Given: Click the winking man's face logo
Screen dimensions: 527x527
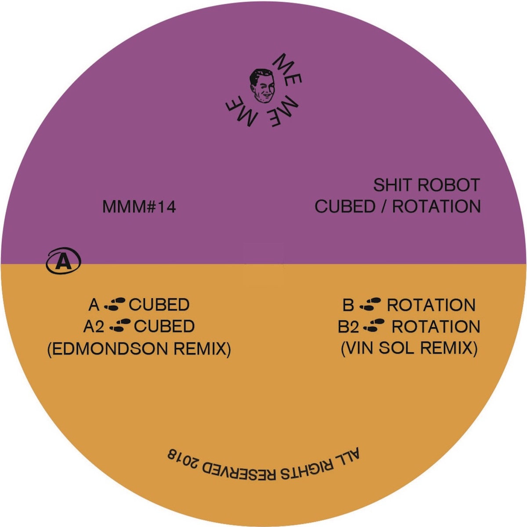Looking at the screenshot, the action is (x=262, y=86).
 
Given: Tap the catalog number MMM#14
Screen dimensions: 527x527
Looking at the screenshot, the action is (x=139, y=207).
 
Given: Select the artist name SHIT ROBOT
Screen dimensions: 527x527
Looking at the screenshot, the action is (x=426, y=185).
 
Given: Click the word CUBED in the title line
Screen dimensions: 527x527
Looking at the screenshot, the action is (x=345, y=206).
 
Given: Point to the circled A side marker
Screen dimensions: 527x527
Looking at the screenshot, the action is (x=63, y=261).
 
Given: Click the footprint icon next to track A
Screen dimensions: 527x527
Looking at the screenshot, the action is (x=115, y=304).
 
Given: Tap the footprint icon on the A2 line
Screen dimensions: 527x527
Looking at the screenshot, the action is (x=120, y=326).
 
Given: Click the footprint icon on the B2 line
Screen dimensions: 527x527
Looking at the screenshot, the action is (x=374, y=326).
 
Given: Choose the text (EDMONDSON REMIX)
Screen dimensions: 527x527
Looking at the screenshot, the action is (x=139, y=349).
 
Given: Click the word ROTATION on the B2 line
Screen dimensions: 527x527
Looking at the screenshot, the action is (x=436, y=327).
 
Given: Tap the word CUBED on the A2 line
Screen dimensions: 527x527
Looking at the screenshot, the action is (x=164, y=326).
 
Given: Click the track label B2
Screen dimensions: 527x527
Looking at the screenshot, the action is (x=348, y=327).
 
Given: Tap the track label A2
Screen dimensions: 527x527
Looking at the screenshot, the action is (x=94, y=326).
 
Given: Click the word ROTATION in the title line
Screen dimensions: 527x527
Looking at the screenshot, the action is (x=437, y=206).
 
